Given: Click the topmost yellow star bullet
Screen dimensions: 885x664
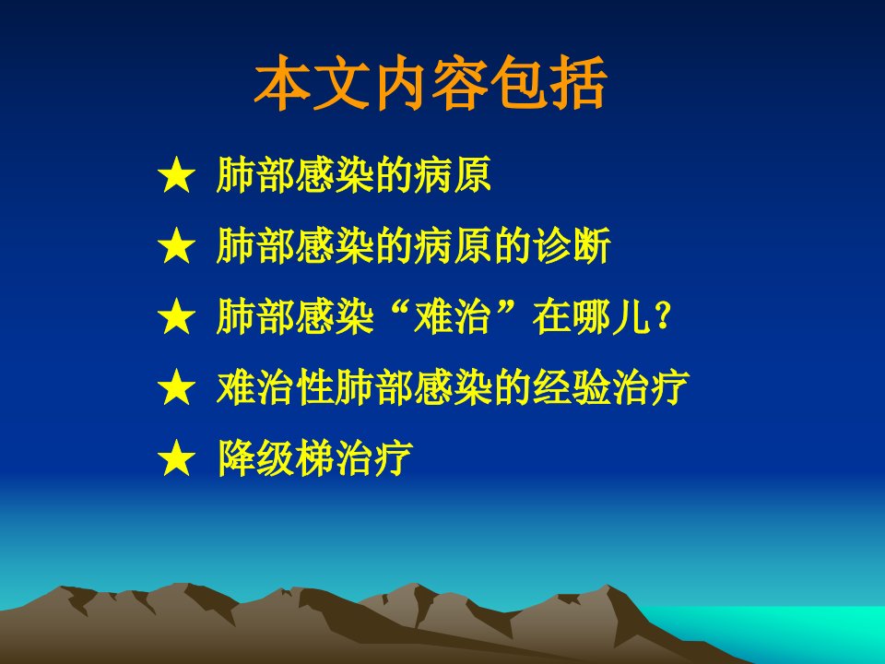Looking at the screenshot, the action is tap(177, 175).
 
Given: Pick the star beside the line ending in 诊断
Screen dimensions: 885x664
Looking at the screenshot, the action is tap(177, 245).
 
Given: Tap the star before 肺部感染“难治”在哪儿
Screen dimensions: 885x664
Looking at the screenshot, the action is tap(177, 316).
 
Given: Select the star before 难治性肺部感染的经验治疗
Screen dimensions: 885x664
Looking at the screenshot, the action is tap(177, 386).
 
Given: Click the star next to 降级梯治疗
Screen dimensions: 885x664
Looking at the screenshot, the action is tap(177, 457).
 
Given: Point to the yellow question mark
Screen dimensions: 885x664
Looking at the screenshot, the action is tap(663, 315).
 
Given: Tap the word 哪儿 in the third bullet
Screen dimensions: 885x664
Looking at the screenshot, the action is tap(610, 316).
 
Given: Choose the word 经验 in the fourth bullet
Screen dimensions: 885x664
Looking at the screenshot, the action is tap(572, 386).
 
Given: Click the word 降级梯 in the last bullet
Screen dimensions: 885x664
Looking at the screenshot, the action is tap(276, 457).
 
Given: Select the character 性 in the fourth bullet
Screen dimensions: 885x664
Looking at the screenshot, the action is tap(314, 386).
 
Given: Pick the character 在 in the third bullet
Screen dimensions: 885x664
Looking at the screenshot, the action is tap(551, 316).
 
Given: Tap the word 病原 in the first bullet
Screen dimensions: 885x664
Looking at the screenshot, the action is tap(453, 175).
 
